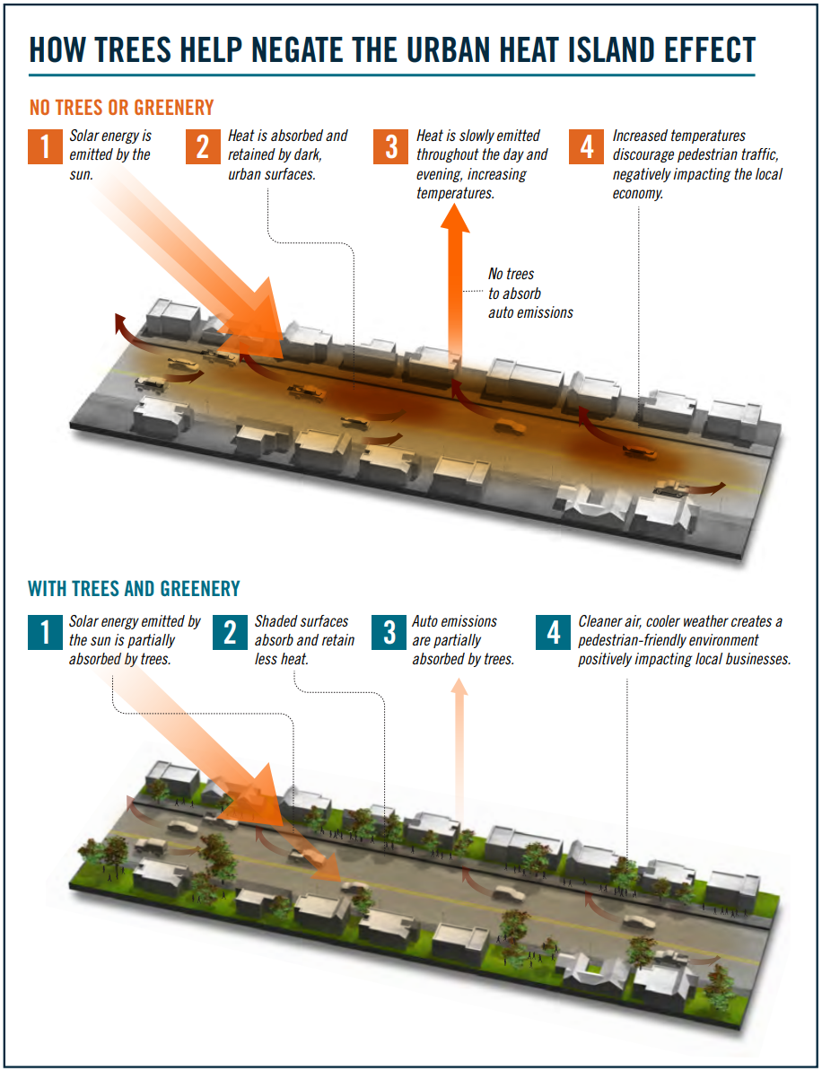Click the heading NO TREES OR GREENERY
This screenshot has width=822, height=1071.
122,108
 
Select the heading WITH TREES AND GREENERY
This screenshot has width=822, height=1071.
135,589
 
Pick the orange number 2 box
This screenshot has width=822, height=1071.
203,146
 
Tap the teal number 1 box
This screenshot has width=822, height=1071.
45,632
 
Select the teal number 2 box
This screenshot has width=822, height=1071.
231,632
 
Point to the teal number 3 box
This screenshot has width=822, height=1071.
389,632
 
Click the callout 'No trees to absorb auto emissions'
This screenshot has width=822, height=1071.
529,294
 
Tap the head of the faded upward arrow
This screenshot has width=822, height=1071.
459,687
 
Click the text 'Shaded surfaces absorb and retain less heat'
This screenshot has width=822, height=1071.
304,640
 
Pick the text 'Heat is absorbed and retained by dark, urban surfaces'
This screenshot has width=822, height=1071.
287,154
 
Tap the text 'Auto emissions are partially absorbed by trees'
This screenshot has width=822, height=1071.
462,640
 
